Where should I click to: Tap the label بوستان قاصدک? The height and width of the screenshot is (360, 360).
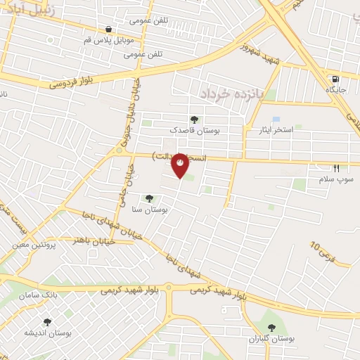[194, 130]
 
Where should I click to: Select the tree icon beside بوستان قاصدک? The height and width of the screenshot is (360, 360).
[194, 119]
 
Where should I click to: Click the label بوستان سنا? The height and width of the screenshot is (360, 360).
[148, 210]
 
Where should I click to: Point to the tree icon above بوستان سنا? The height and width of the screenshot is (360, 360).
[148, 199]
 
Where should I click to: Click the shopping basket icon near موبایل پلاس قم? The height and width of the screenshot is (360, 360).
[108, 30]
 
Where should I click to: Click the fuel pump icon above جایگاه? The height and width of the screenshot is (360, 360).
[336, 79]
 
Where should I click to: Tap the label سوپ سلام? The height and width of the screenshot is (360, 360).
[336, 180]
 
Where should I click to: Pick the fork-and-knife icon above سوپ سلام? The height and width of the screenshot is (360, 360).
[336, 168]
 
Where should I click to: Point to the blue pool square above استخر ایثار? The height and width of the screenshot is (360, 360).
[276, 120]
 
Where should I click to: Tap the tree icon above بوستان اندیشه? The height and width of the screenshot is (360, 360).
[48, 321]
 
